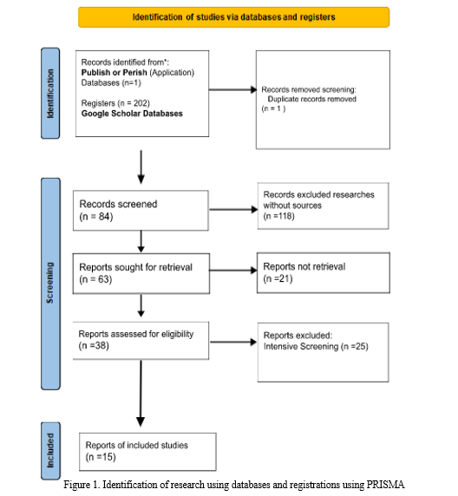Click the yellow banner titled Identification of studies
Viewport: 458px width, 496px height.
point(233,17)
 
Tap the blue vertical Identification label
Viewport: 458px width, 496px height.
point(50,94)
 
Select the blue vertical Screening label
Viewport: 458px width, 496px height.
point(50,284)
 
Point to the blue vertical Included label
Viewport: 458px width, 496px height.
point(50,450)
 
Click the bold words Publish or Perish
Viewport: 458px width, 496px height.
point(114,73)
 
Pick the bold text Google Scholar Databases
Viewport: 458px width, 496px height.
point(132,114)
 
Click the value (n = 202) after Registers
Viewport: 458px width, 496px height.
point(134,103)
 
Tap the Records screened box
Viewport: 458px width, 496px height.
point(141,211)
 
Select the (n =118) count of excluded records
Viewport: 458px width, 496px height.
point(278,216)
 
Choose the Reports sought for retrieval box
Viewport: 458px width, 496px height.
point(141,274)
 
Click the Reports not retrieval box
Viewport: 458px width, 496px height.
point(324,272)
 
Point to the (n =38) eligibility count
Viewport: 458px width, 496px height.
point(94,345)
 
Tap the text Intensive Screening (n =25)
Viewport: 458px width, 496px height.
point(316,346)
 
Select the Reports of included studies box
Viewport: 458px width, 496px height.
point(147,452)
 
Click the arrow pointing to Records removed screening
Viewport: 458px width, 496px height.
point(232,90)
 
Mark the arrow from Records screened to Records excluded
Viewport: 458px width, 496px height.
point(233,209)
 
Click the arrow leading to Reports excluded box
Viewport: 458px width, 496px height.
point(233,342)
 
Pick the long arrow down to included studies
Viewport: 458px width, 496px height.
point(141,393)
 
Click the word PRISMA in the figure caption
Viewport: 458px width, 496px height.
point(385,485)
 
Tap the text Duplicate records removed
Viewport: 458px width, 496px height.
point(311,99)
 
